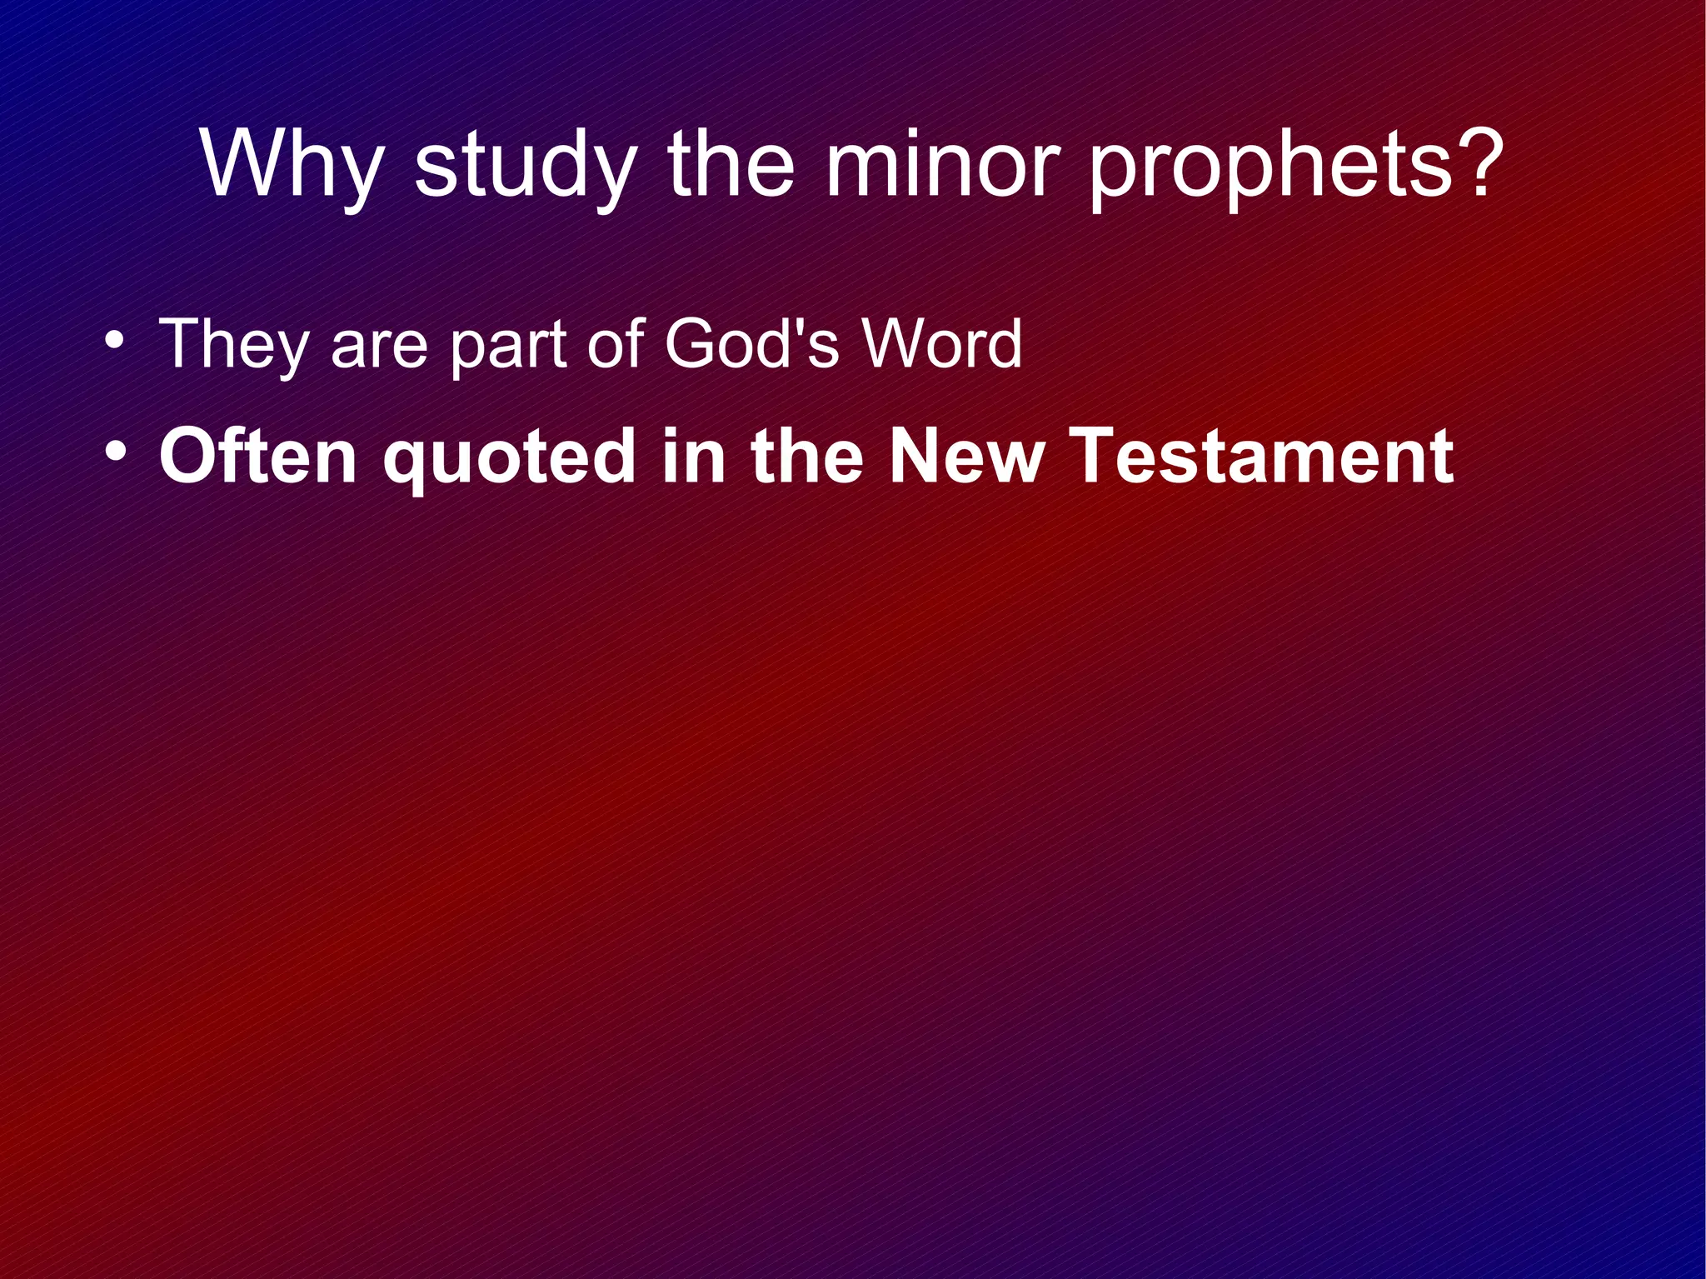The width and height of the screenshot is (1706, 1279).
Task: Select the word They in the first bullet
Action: (233, 344)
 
